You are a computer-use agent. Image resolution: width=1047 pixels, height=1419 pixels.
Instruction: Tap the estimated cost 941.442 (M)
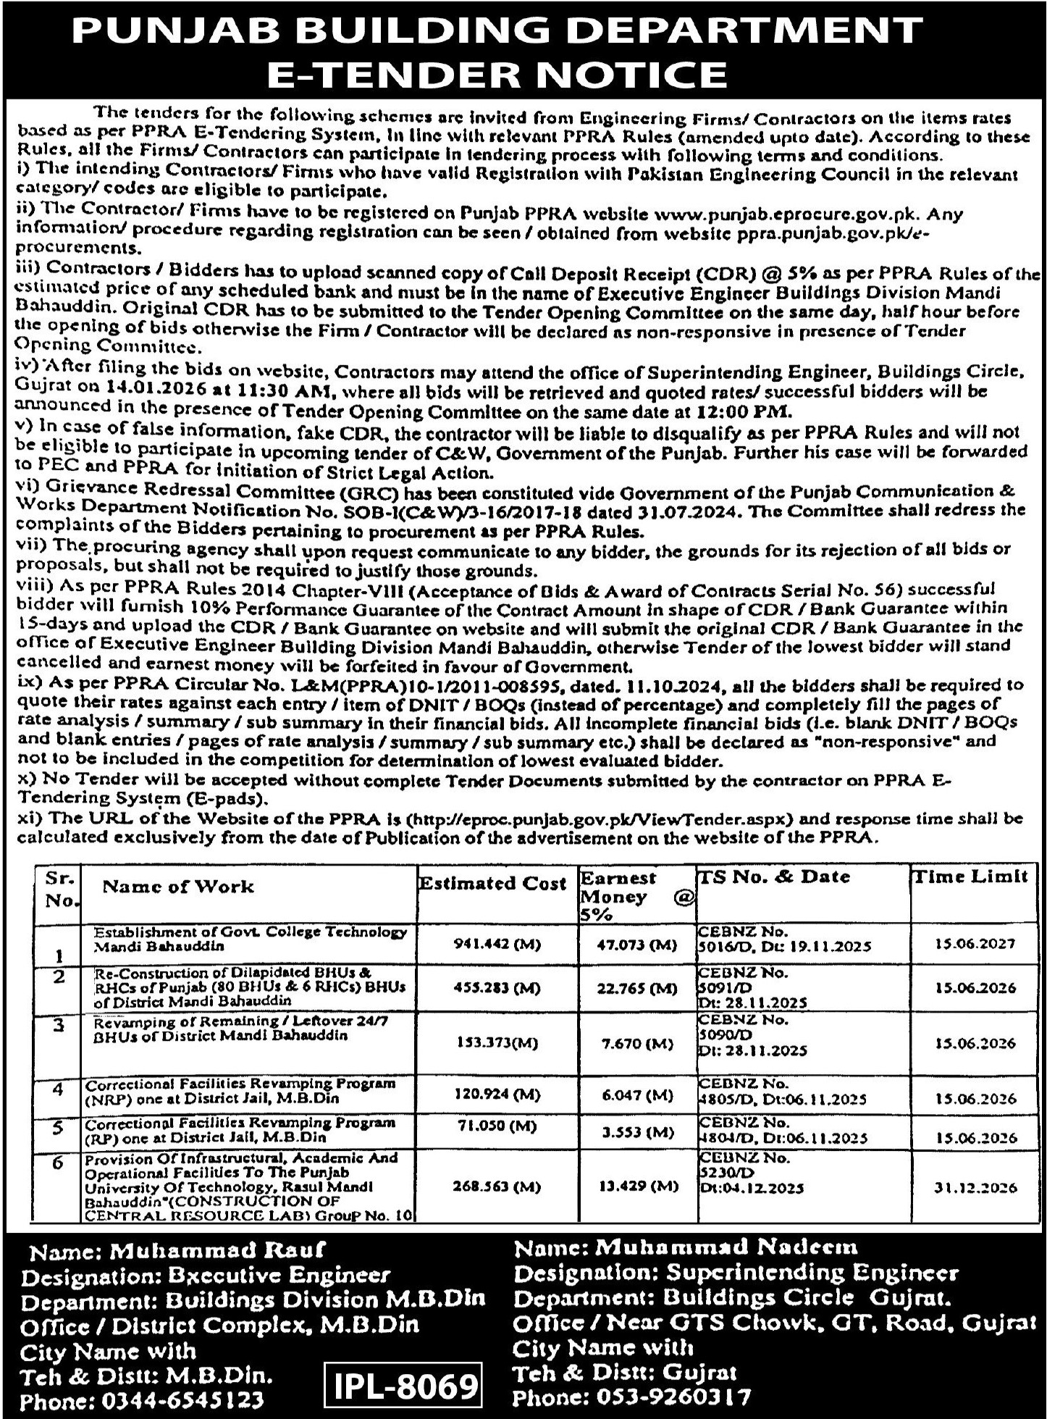pos(497,944)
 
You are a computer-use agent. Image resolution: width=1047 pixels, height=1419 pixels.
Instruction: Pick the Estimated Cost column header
pos(492,883)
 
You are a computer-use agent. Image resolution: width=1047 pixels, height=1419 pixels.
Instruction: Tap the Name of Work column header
pos(178,886)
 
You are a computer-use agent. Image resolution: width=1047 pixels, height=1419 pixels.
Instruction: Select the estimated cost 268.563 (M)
pos(497,1186)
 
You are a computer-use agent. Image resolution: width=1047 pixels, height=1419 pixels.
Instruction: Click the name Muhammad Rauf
pos(216,1250)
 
